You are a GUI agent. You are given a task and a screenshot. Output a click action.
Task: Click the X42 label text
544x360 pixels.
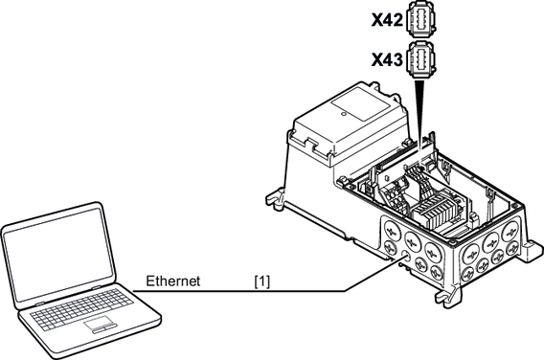pyautogui.click(x=387, y=21)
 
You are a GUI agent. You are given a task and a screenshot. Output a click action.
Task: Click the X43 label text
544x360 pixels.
pyautogui.click(x=387, y=60)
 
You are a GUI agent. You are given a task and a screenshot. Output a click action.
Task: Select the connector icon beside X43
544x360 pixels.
pyautogui.click(x=420, y=58)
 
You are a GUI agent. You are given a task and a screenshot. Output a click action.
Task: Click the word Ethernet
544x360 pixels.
pyautogui.click(x=172, y=281)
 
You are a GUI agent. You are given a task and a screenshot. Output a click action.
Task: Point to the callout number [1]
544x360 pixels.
pyautogui.click(x=261, y=281)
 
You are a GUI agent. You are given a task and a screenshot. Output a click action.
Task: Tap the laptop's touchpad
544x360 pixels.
pyautogui.click(x=100, y=325)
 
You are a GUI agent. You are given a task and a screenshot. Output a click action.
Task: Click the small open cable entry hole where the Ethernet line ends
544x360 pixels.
pyautogui.click(x=404, y=257)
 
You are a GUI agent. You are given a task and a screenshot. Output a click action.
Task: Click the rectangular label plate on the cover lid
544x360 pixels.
pyautogui.click(x=359, y=103)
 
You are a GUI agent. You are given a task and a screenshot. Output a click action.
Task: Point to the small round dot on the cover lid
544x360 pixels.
pyautogui.click(x=344, y=113)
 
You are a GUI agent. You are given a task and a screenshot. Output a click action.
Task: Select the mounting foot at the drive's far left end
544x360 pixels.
pyautogui.click(x=276, y=200)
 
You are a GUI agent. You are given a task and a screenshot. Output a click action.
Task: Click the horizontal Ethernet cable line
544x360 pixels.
pyautogui.click(x=239, y=291)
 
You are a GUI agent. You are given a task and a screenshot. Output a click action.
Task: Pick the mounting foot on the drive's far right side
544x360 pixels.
pyautogui.click(x=533, y=249)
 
